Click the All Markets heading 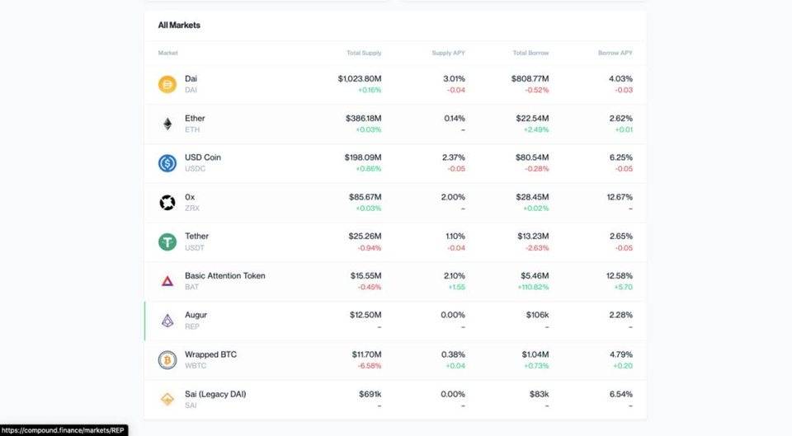[x=179, y=25]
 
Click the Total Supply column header [x=364, y=53]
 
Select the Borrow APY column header [x=615, y=53]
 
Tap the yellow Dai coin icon [x=167, y=84]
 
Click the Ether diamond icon [x=167, y=124]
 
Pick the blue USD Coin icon [x=167, y=163]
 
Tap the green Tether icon [x=167, y=241]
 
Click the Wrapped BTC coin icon [x=167, y=360]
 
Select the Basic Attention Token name [x=224, y=275]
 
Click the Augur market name [x=196, y=315]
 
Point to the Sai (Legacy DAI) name [x=214, y=394]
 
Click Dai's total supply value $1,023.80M [x=359, y=78]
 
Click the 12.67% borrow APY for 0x [x=618, y=197]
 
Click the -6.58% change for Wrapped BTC [x=368, y=366]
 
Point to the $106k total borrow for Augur [x=537, y=315]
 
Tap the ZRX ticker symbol [x=191, y=208]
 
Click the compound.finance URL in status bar [x=64, y=429]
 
